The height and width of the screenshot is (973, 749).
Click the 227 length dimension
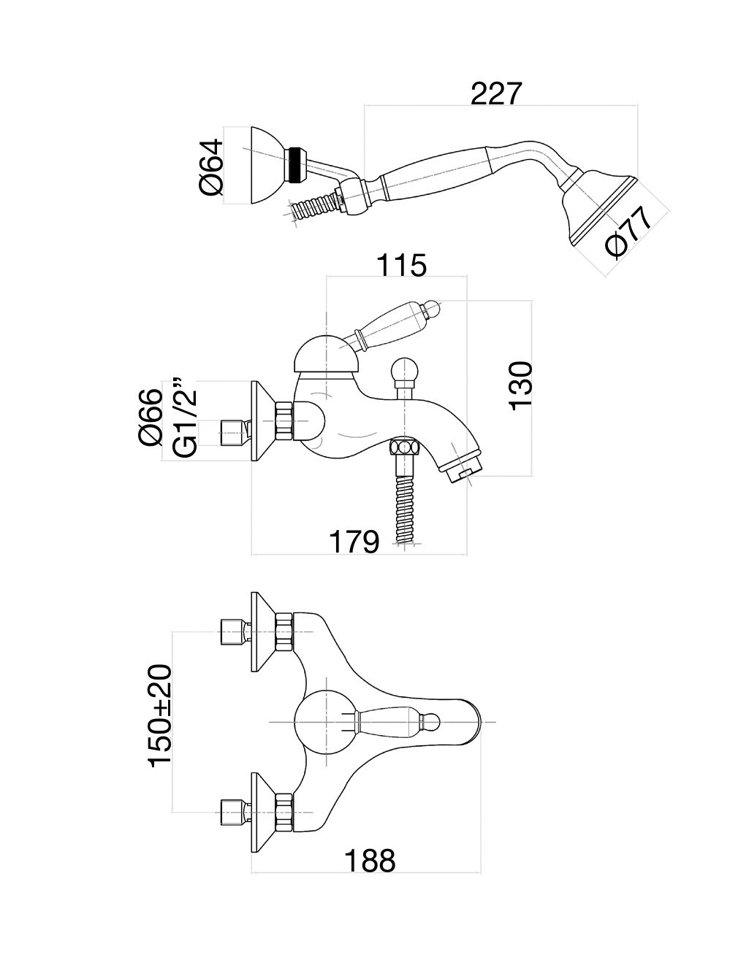pos(497,94)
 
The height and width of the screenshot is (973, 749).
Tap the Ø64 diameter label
pos(210,166)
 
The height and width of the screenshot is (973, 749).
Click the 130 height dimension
pos(522,385)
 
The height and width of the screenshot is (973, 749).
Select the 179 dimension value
pos(354,542)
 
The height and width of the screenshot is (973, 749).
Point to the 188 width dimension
pos(370,861)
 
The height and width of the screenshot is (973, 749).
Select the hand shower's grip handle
pos(431,171)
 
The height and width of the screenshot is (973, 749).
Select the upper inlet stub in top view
pos(234,632)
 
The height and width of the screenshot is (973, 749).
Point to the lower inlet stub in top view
pos(234,812)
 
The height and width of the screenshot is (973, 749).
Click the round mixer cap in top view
pos(325,723)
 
